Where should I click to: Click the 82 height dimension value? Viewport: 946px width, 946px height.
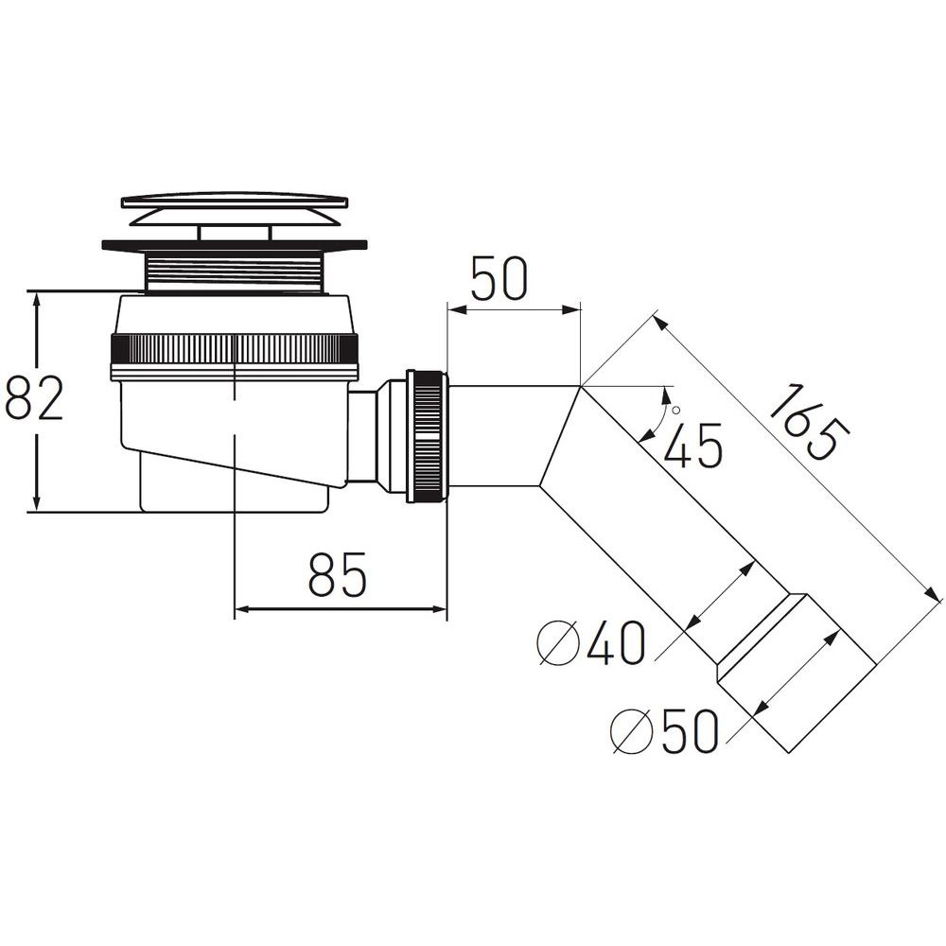coord(34,398)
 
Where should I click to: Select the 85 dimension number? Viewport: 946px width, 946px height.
coord(338,574)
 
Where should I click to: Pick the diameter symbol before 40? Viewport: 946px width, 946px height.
coord(559,643)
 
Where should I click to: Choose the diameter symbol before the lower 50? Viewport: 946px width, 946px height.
coord(632,730)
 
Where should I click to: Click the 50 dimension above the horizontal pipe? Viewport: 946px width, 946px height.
coord(499,278)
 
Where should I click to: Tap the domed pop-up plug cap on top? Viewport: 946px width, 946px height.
coord(236,209)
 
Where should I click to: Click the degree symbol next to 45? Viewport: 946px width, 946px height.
coord(675,411)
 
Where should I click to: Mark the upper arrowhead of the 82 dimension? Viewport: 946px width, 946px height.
coord(37,303)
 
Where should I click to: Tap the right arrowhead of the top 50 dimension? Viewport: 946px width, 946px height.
coord(570,309)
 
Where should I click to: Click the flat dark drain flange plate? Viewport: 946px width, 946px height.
coord(236,245)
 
